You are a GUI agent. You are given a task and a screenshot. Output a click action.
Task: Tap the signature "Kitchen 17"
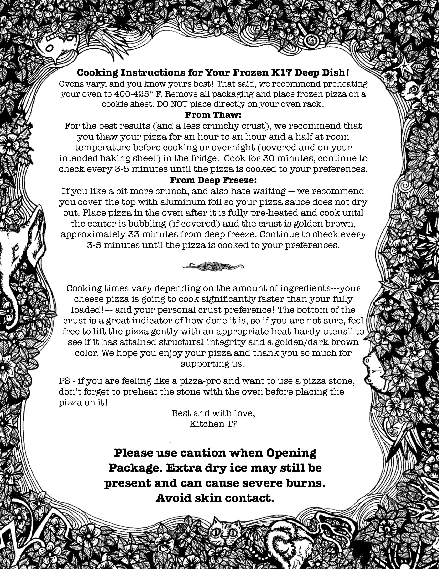(213, 424)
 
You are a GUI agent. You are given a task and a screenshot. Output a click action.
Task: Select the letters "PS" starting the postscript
(65, 381)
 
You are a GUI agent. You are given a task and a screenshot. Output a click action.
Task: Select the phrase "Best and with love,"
(213, 413)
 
